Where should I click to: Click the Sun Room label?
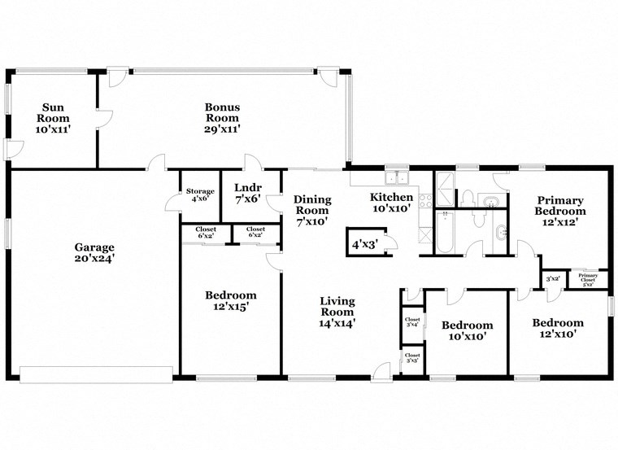tap(54, 118)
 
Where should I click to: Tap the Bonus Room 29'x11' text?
tap(221, 117)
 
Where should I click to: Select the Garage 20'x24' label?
tap(94, 252)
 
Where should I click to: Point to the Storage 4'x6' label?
tap(199, 195)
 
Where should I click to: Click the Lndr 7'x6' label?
tap(247, 192)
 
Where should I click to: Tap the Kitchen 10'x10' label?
tap(391, 203)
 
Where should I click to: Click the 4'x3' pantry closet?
tap(363, 242)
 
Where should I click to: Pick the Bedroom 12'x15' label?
tap(230, 301)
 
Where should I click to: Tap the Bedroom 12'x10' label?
tap(558, 328)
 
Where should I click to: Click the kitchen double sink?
tap(398, 177)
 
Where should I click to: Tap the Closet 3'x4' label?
tap(412, 322)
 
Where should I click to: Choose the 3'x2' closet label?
tap(553, 279)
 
